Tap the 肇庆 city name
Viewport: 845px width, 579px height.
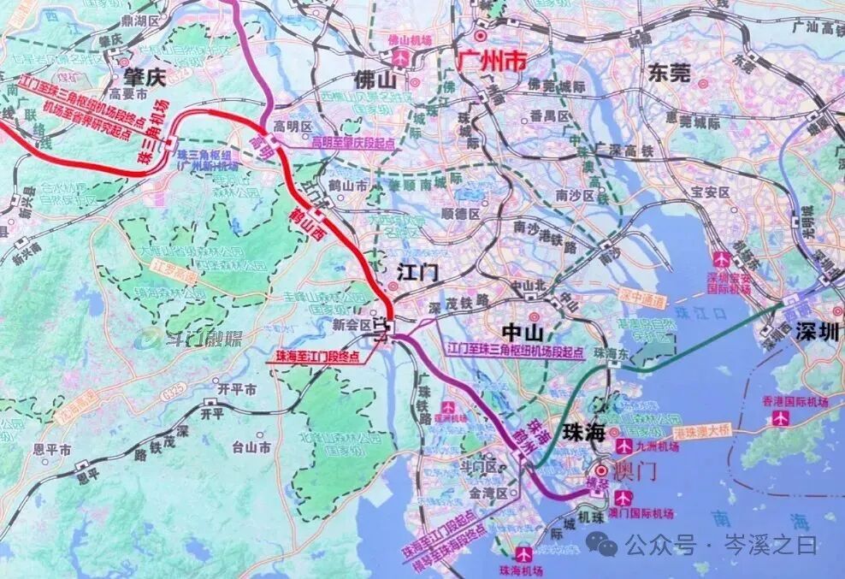(143, 77)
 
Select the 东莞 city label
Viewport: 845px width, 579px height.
(668, 73)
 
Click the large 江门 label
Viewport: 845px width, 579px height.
(417, 272)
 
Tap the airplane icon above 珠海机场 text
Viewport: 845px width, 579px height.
(523, 552)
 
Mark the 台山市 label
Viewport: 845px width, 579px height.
(251, 446)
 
